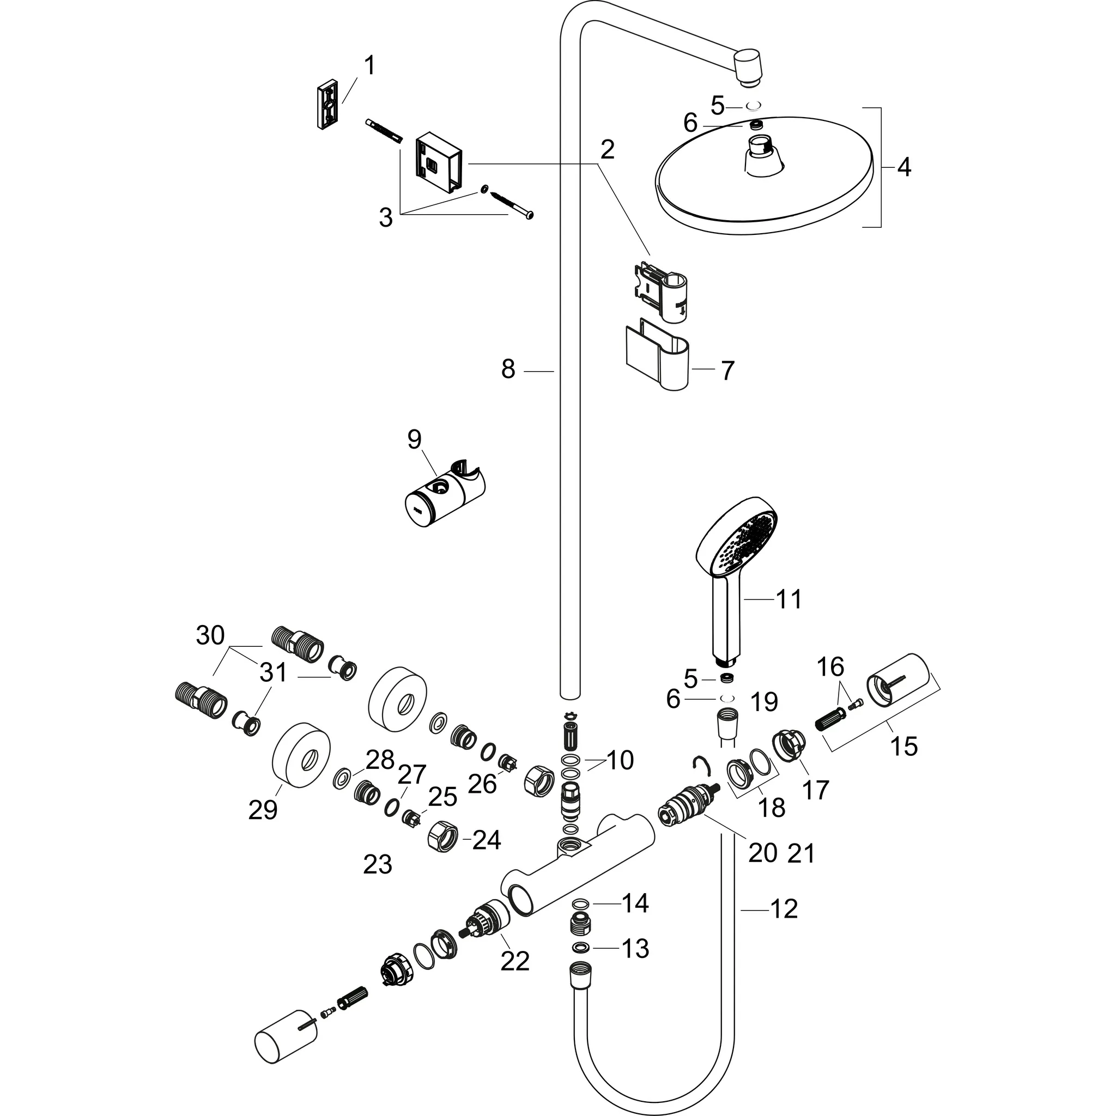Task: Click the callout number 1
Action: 369,66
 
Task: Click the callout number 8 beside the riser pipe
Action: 508,369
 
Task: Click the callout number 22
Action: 514,961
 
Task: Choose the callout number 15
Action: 904,747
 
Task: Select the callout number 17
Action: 816,790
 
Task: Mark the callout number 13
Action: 635,949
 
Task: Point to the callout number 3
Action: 386,219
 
